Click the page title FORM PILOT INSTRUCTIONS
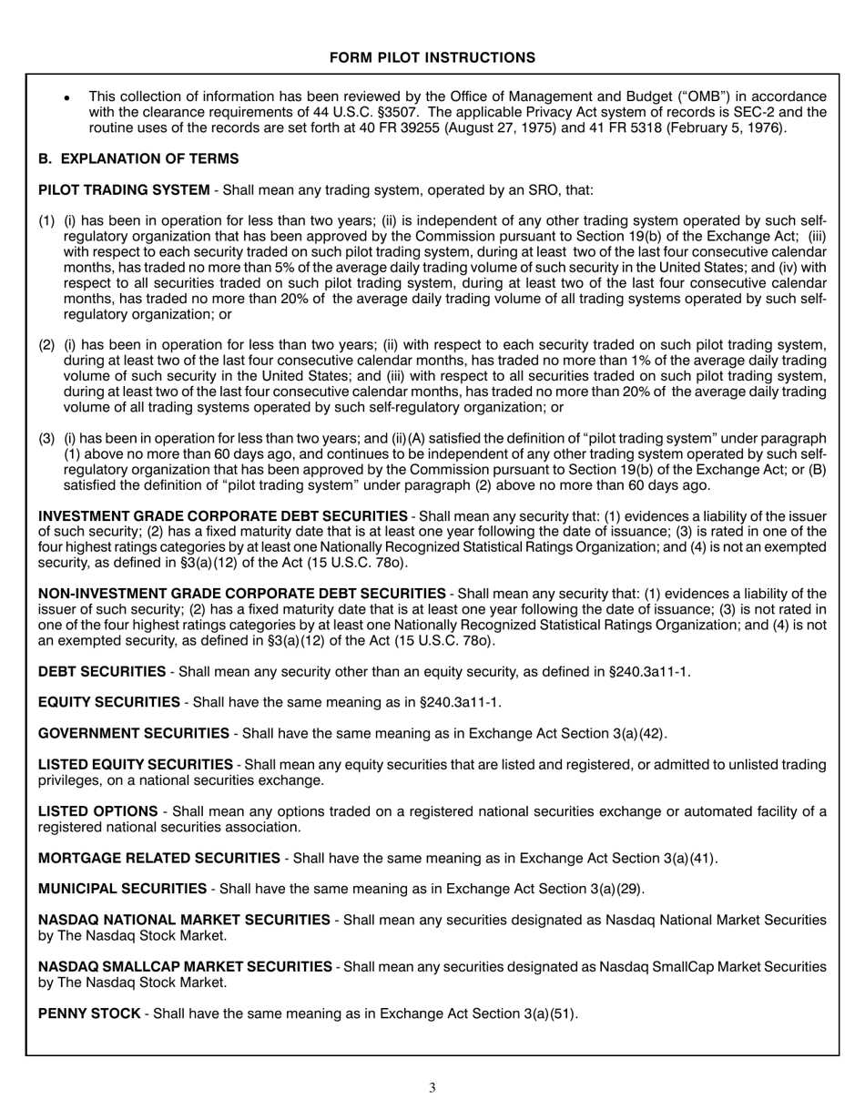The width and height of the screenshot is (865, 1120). [x=432, y=58]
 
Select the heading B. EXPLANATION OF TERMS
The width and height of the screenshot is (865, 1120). [x=138, y=159]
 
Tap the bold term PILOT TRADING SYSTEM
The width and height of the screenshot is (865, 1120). [x=124, y=190]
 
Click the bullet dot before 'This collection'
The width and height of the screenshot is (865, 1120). [x=67, y=97]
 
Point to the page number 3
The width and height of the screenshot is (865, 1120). [x=432, y=1087]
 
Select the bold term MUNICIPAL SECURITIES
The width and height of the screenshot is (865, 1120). [x=122, y=889]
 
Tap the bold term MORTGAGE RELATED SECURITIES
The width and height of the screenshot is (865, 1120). [x=159, y=858]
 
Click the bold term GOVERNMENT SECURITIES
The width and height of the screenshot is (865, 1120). [x=134, y=733]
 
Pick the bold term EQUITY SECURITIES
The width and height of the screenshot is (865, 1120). [x=109, y=702]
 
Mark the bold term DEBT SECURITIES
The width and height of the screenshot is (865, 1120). [x=102, y=672]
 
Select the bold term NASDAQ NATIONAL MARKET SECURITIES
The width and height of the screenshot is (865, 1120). [x=184, y=921]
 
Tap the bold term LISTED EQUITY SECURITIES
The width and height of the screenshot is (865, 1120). [x=136, y=765]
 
